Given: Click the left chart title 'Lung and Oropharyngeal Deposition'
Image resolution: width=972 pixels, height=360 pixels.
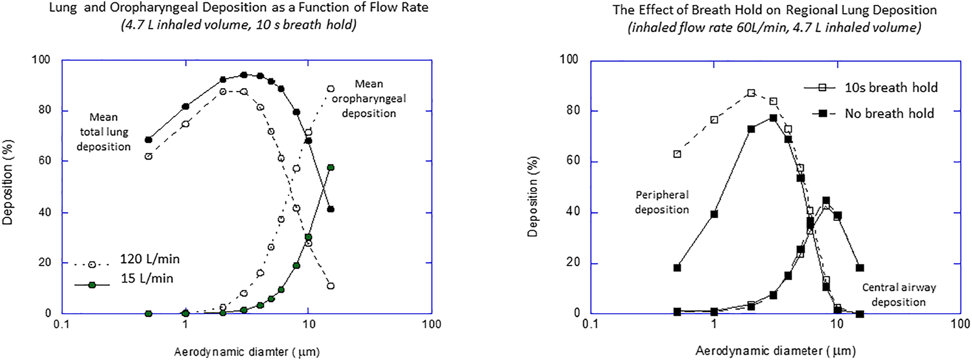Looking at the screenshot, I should (238, 8).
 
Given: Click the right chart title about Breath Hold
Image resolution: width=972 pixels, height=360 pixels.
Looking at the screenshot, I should (774, 10).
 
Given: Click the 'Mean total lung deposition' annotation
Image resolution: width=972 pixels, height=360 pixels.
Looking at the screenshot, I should (104, 132).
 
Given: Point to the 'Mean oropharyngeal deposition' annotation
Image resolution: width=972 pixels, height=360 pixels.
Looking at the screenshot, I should (368, 98).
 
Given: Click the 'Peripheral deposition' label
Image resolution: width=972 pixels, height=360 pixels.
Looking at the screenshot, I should (662, 202).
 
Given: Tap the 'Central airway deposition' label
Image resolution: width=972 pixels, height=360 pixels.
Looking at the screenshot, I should (898, 295).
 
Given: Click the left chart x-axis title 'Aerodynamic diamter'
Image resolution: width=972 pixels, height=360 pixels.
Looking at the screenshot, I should (247, 352).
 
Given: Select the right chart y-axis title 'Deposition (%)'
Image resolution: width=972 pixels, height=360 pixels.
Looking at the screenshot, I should (533, 196).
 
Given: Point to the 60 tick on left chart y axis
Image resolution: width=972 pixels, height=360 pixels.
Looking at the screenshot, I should (43, 161).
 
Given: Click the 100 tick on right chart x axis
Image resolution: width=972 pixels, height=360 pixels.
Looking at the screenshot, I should (960, 324).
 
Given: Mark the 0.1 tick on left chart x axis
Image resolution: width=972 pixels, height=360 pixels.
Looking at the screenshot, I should (62, 324).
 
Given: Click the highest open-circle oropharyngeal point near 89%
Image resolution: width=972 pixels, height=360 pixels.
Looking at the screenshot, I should (331, 89).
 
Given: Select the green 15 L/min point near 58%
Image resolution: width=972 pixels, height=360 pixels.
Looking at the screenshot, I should (331, 168).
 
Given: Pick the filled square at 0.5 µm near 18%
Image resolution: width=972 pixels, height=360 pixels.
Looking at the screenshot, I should (677, 268).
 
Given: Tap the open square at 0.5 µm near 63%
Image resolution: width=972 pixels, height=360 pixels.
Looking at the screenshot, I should (677, 154).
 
